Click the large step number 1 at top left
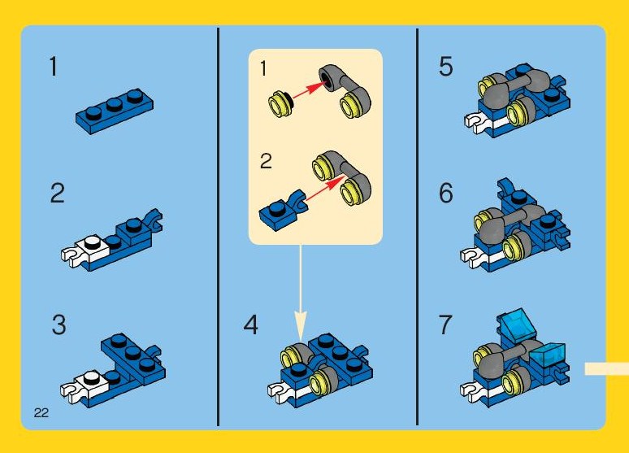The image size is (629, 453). point(54,67)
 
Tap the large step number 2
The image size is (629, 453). point(58,194)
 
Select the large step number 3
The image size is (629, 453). point(59,325)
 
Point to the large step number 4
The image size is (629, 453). point(251,325)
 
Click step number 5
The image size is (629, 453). point(445,66)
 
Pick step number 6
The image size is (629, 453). point(446,194)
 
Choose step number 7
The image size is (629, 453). point(445,325)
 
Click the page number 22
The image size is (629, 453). point(41,413)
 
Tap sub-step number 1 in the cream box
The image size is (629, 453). point(263,68)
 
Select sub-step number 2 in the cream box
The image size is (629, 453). point(266,162)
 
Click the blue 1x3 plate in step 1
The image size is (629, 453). point(115,111)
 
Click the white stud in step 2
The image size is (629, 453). point(93,242)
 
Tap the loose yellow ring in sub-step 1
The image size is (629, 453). point(281,103)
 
